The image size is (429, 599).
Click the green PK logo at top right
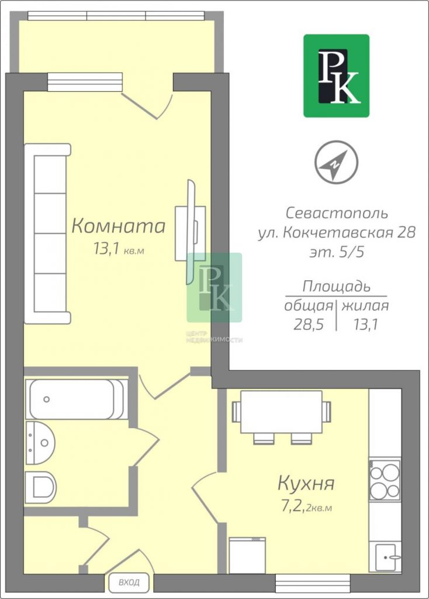pyautogui.click(x=336, y=75)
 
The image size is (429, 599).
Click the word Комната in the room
pyautogui.click(x=118, y=226)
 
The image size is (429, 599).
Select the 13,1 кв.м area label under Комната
pyautogui.click(x=119, y=250)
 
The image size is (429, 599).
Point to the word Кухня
pyautogui.click(x=306, y=483)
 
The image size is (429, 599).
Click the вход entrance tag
pyautogui.click(x=129, y=582)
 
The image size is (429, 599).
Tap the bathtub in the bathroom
pyautogui.click(x=77, y=399)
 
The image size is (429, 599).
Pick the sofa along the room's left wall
pyautogui.click(x=48, y=234)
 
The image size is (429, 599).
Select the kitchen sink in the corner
pyautogui.click(x=388, y=557)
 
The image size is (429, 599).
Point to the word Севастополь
pyautogui.click(x=337, y=213)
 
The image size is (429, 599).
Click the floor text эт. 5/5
pyautogui.click(x=336, y=252)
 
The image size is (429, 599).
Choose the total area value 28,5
pyautogui.click(x=309, y=324)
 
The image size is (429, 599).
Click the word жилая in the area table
pyautogui.click(x=365, y=306)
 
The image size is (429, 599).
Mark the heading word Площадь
pyautogui.click(x=336, y=287)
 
